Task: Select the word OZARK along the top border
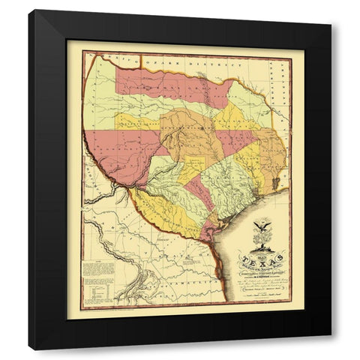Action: [x=154, y=58]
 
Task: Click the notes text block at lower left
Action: [x=97, y=269]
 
